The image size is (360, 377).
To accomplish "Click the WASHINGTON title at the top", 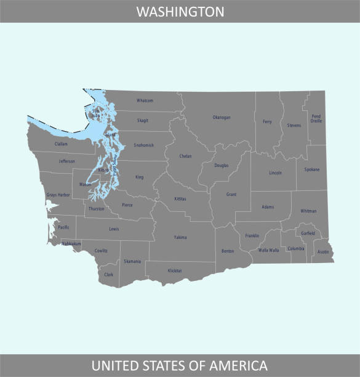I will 180,12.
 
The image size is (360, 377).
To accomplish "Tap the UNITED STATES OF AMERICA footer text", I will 180,365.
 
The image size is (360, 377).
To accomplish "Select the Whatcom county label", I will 145,100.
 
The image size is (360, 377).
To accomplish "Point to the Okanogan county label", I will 222,117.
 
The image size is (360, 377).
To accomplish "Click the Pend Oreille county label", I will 316,118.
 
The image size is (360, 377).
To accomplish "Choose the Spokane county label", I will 312,169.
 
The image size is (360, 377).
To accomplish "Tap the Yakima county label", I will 180,237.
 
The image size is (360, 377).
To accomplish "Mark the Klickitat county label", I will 175,270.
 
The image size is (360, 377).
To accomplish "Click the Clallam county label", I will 61,144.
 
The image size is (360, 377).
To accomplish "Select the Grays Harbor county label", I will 58,195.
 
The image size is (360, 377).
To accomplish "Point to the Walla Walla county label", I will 268,251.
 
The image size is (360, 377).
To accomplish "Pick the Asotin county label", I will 323,252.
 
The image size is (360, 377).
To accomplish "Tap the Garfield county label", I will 308,233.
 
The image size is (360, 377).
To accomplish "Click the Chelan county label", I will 185,156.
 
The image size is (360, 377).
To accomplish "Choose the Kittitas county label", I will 180,199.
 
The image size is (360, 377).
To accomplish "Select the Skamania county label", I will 132,261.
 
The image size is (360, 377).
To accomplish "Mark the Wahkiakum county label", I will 71,243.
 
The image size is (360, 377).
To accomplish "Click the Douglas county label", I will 222,165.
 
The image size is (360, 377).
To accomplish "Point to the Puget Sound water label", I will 113,168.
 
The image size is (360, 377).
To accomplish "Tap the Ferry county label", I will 267,122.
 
